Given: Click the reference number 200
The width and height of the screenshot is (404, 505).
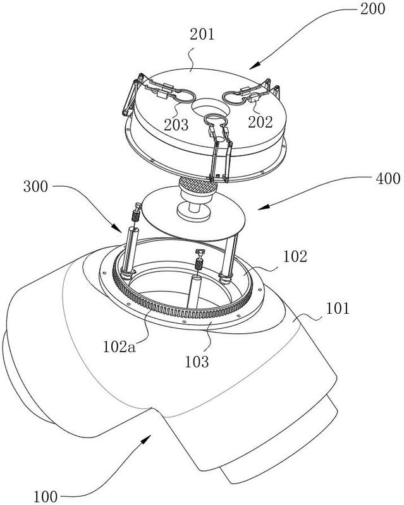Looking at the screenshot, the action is (372, 9).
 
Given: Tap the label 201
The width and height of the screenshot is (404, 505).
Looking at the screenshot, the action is (202, 34).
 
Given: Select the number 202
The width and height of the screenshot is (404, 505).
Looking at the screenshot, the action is (260, 122).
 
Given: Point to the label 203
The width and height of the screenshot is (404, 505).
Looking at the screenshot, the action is (176, 124).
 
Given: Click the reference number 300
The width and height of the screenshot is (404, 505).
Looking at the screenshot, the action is (35, 186).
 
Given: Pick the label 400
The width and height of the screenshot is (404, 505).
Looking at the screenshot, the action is (388, 178).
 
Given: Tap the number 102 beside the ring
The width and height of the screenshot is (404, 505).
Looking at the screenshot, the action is (295, 257).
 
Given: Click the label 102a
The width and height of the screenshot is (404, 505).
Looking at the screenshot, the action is (119, 347).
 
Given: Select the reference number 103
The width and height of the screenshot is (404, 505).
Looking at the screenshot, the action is (197, 362).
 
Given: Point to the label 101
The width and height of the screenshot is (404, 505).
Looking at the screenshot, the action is (338, 309).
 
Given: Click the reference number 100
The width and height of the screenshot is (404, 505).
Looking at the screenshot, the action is (46, 496).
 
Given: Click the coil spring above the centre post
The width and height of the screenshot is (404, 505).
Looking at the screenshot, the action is (199, 265).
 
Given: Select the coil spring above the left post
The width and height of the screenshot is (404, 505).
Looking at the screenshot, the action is (136, 215).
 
